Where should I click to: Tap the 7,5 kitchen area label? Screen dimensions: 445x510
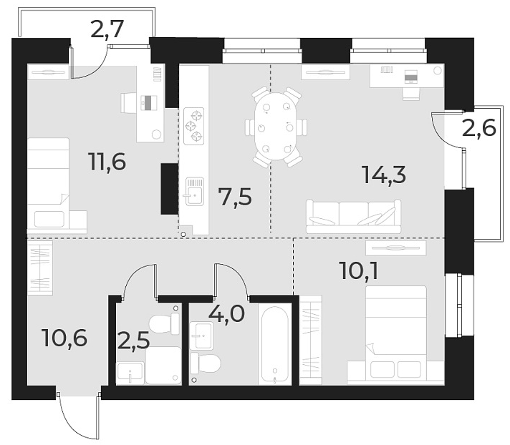click(x=236, y=195)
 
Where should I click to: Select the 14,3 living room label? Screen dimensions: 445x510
click(x=382, y=175)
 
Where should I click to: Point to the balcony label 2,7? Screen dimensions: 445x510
click(x=108, y=30)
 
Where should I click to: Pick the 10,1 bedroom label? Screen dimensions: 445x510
click(x=362, y=272)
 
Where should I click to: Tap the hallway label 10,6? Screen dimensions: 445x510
click(x=65, y=337)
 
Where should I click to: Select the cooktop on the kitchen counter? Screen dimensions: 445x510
click(x=194, y=127)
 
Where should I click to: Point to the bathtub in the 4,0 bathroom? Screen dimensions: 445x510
click(x=275, y=345)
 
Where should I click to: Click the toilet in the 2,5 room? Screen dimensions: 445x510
click(x=165, y=324)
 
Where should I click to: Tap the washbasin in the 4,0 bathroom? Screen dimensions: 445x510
click(x=202, y=332)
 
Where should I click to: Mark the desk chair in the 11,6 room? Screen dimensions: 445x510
click(x=129, y=103)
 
